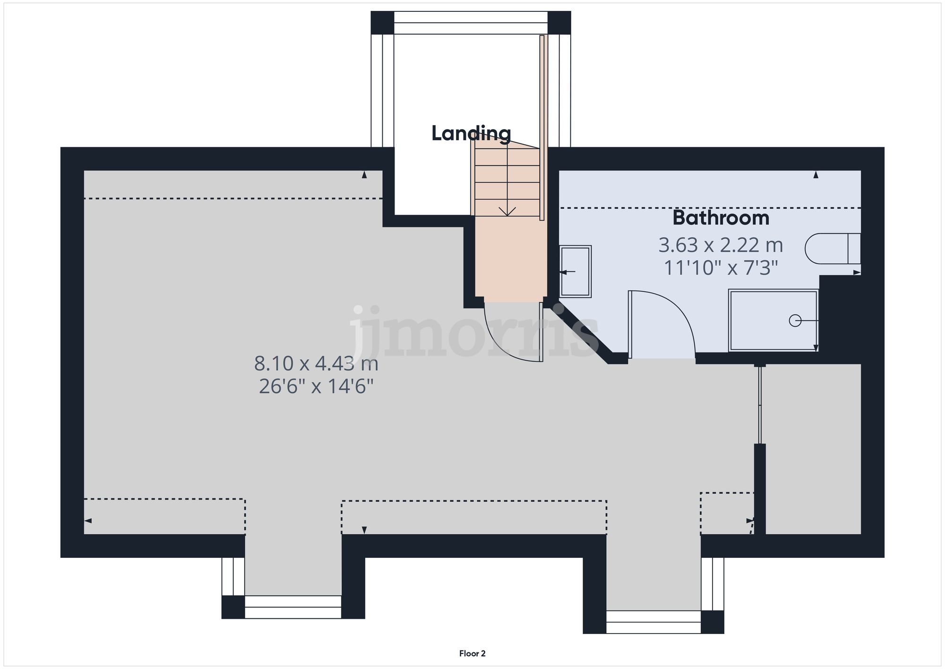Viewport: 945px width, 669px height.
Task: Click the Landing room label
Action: tap(471, 133)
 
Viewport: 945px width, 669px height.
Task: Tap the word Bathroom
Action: tap(721, 218)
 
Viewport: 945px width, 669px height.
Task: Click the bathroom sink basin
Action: tap(575, 271)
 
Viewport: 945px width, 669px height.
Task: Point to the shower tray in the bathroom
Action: tap(773, 320)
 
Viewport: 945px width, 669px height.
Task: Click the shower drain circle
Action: tap(795, 321)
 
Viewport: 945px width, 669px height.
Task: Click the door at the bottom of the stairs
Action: tap(541, 332)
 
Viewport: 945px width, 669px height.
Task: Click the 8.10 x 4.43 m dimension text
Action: tap(316, 364)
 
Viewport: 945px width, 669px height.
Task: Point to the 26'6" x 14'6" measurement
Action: tap(316, 387)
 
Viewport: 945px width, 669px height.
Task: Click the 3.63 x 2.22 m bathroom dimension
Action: tap(721, 245)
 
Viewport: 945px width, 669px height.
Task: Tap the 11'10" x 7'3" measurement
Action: tap(721, 268)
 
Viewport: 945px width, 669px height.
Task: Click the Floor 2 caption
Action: tap(472, 653)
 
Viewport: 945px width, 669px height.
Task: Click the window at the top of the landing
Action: tap(471, 23)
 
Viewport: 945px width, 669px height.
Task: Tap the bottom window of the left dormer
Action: tap(292, 607)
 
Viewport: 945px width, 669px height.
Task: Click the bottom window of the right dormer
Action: tap(653, 622)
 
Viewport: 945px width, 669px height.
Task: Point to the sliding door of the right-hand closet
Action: tap(759, 405)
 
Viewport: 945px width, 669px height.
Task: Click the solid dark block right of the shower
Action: tap(840, 319)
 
